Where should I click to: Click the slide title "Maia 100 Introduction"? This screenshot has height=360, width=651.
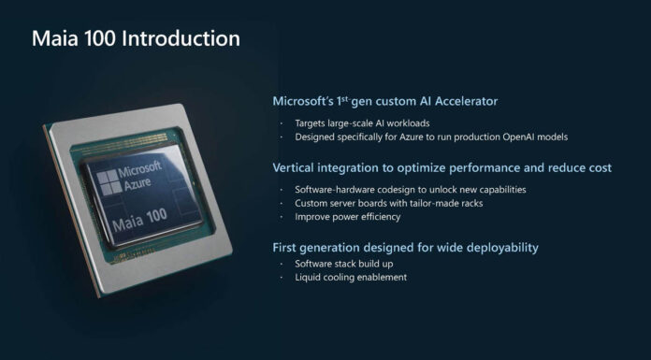tap(136, 39)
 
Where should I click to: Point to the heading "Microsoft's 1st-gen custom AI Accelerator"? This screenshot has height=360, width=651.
tap(384, 100)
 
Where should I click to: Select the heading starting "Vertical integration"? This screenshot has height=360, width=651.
tap(441, 167)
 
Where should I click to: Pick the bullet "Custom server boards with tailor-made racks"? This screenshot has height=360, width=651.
tap(387, 203)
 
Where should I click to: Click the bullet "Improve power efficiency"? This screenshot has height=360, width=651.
tap(347, 216)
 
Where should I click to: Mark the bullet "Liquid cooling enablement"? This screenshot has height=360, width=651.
tap(350, 277)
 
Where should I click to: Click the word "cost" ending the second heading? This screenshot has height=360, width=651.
tap(599, 167)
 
